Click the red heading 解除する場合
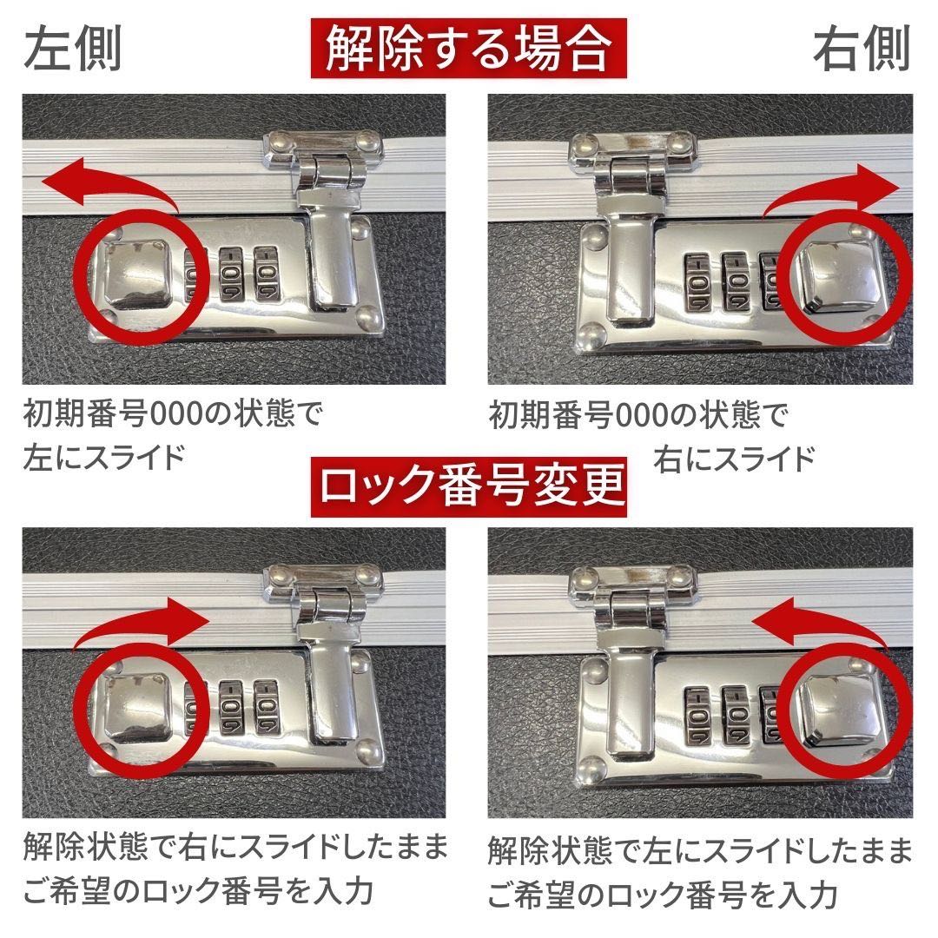tap(468, 50)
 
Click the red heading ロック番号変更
tap(468, 488)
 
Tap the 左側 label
tap(72, 50)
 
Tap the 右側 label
tap(861, 50)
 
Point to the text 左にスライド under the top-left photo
tap(104, 455)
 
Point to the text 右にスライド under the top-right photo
tap(734, 455)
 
